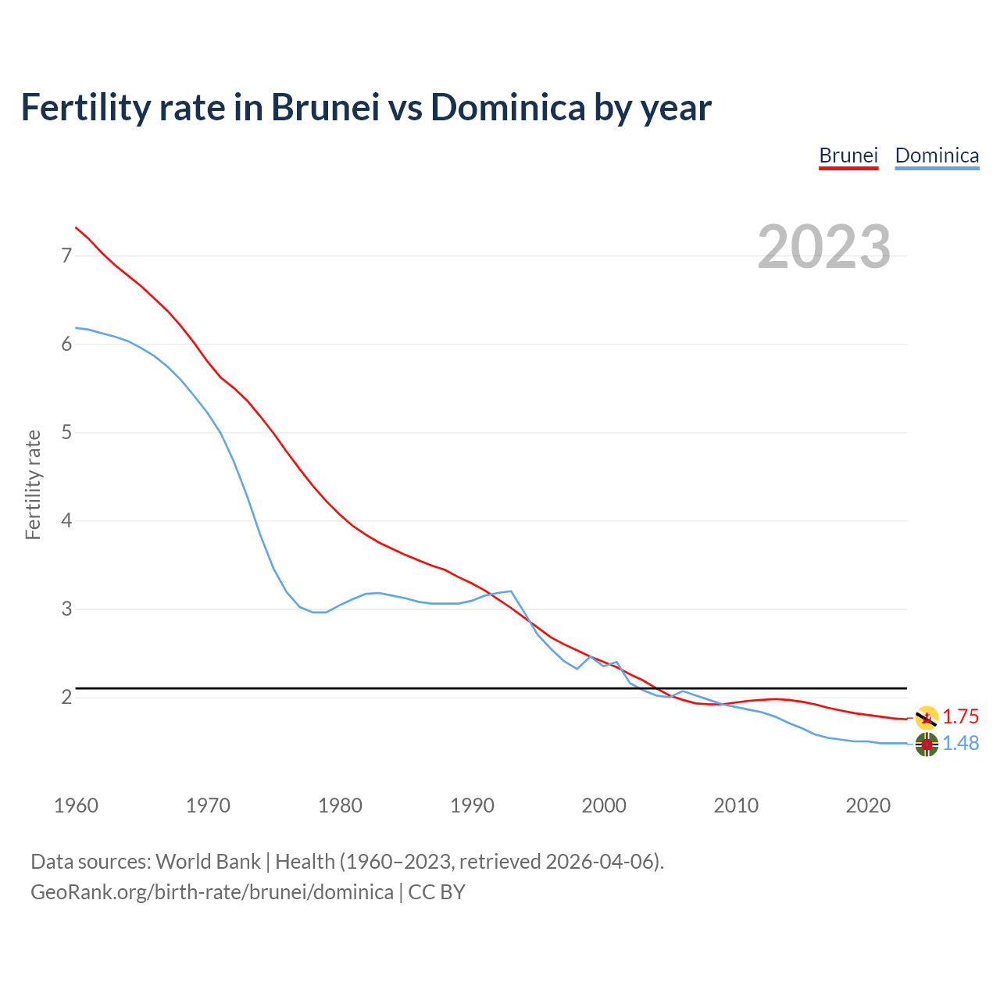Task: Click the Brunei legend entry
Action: click(x=848, y=155)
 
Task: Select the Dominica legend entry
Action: click(x=937, y=155)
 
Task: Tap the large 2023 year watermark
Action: click(x=823, y=247)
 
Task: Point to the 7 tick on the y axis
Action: click(x=66, y=255)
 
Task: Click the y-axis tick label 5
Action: click(x=66, y=432)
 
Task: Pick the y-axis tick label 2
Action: click(x=66, y=697)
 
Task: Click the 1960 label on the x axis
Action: click(x=76, y=805)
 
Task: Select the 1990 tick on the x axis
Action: click(x=472, y=805)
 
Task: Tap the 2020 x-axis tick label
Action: click(x=868, y=805)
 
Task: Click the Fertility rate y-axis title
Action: click(x=33, y=484)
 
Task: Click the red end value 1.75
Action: click(x=960, y=717)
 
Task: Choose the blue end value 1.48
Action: click(x=960, y=744)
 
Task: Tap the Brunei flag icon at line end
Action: click(x=927, y=717)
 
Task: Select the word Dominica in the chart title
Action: click(x=508, y=107)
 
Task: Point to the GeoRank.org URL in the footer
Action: click(x=212, y=892)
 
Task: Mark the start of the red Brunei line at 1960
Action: click(x=76, y=227)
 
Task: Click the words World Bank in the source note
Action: click(x=208, y=862)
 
